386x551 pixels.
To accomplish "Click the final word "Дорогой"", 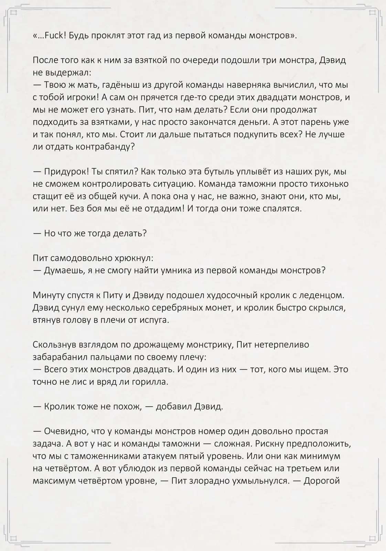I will tap(322, 481).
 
